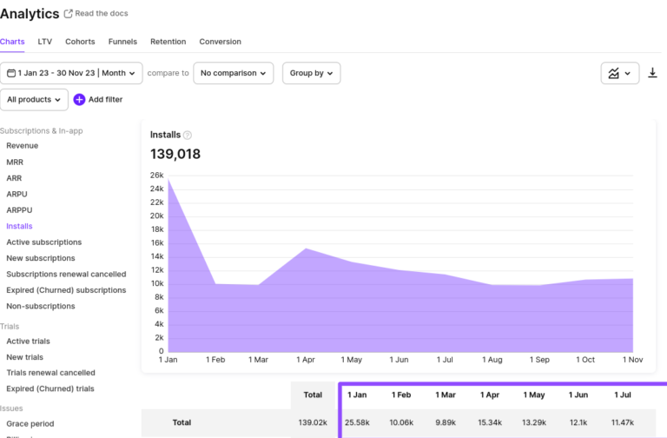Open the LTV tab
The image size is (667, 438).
[x=45, y=42]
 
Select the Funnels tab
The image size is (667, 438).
[x=122, y=42]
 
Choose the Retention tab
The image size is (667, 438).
[x=168, y=42]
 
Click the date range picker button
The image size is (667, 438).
[x=71, y=73]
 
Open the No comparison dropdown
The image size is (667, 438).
[x=233, y=73]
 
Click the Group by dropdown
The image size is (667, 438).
[x=311, y=73]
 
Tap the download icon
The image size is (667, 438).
[x=653, y=73]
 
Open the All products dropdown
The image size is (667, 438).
[x=34, y=100]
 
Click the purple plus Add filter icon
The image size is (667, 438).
[x=79, y=100]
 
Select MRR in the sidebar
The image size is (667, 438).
[x=15, y=162]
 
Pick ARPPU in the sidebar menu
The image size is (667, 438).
[x=19, y=210]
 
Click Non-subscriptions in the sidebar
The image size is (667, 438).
[x=41, y=306]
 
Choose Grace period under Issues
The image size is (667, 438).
[x=30, y=423]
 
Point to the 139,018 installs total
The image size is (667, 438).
[x=175, y=155]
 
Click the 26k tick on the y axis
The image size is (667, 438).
[x=156, y=175]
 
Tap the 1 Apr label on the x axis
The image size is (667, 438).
[x=305, y=360]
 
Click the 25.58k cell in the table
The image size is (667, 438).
[x=357, y=422]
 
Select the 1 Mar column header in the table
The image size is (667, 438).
[x=446, y=395]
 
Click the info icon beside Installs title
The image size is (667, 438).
[x=188, y=136]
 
